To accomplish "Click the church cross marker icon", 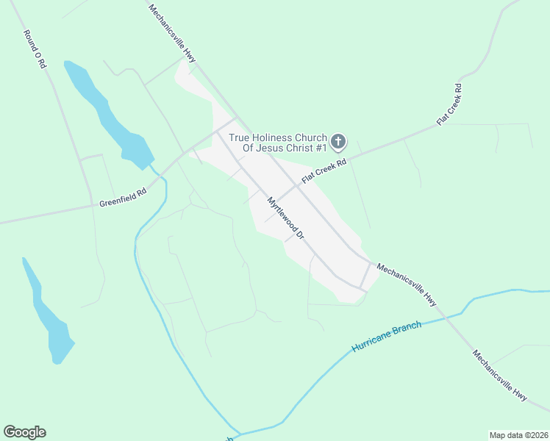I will click(337, 142).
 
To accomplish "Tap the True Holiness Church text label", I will click(278, 143).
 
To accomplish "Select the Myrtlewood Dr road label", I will click(286, 218).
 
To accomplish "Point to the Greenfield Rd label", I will click(124, 196).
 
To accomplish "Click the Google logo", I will click(24, 432).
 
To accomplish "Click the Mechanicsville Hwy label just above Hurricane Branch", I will click(407, 285).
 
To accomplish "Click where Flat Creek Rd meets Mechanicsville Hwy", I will click(298, 185).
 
